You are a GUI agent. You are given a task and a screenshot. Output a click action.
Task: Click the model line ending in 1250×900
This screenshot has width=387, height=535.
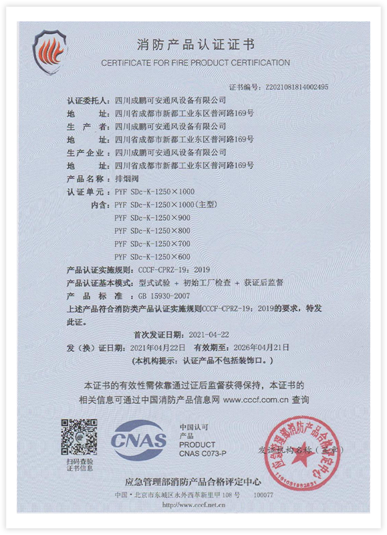(152, 217)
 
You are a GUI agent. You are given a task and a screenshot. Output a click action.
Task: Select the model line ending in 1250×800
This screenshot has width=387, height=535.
(152, 230)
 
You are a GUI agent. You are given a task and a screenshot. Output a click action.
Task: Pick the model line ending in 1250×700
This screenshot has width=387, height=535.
(152, 243)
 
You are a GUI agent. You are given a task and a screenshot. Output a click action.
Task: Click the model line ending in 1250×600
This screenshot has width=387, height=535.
(152, 256)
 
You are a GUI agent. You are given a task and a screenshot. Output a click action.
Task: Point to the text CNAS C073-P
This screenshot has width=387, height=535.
(203, 453)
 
